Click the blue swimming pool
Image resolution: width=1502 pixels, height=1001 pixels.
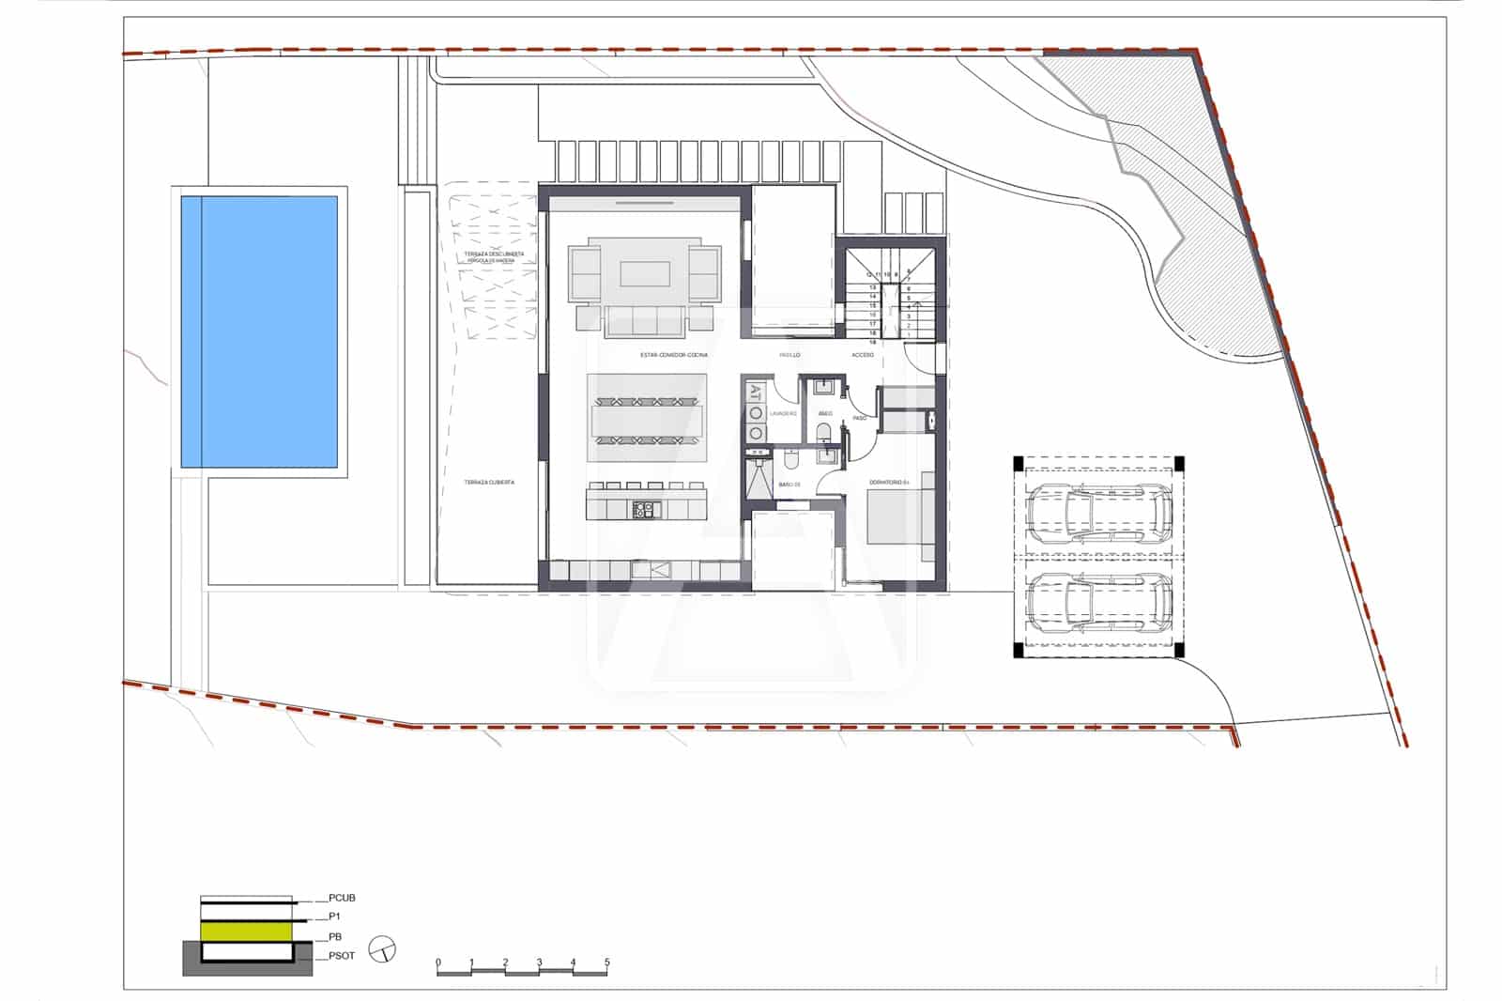[259, 331]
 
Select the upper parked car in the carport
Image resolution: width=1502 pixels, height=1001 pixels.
[1098, 515]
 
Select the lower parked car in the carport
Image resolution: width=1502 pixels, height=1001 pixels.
[1098, 601]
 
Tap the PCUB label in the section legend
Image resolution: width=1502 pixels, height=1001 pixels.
[342, 899]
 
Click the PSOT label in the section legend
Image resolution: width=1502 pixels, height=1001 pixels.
[342, 956]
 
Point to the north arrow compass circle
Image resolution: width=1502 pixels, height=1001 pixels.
[383, 949]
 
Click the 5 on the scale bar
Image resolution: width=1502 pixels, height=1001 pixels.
[606, 962]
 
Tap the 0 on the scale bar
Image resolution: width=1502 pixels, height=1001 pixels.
[438, 962]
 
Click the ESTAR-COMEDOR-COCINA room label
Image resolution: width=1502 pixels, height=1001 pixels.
[673, 355]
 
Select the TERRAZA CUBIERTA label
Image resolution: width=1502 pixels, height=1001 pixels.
[489, 483]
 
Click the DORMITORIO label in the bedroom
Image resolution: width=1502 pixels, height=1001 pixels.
[888, 483]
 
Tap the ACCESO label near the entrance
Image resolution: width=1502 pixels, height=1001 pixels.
[862, 355]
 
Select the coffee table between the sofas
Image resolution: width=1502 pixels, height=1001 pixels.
[645, 273]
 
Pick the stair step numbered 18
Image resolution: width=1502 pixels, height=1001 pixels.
[873, 343]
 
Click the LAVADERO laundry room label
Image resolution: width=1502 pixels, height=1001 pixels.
[783, 413]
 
